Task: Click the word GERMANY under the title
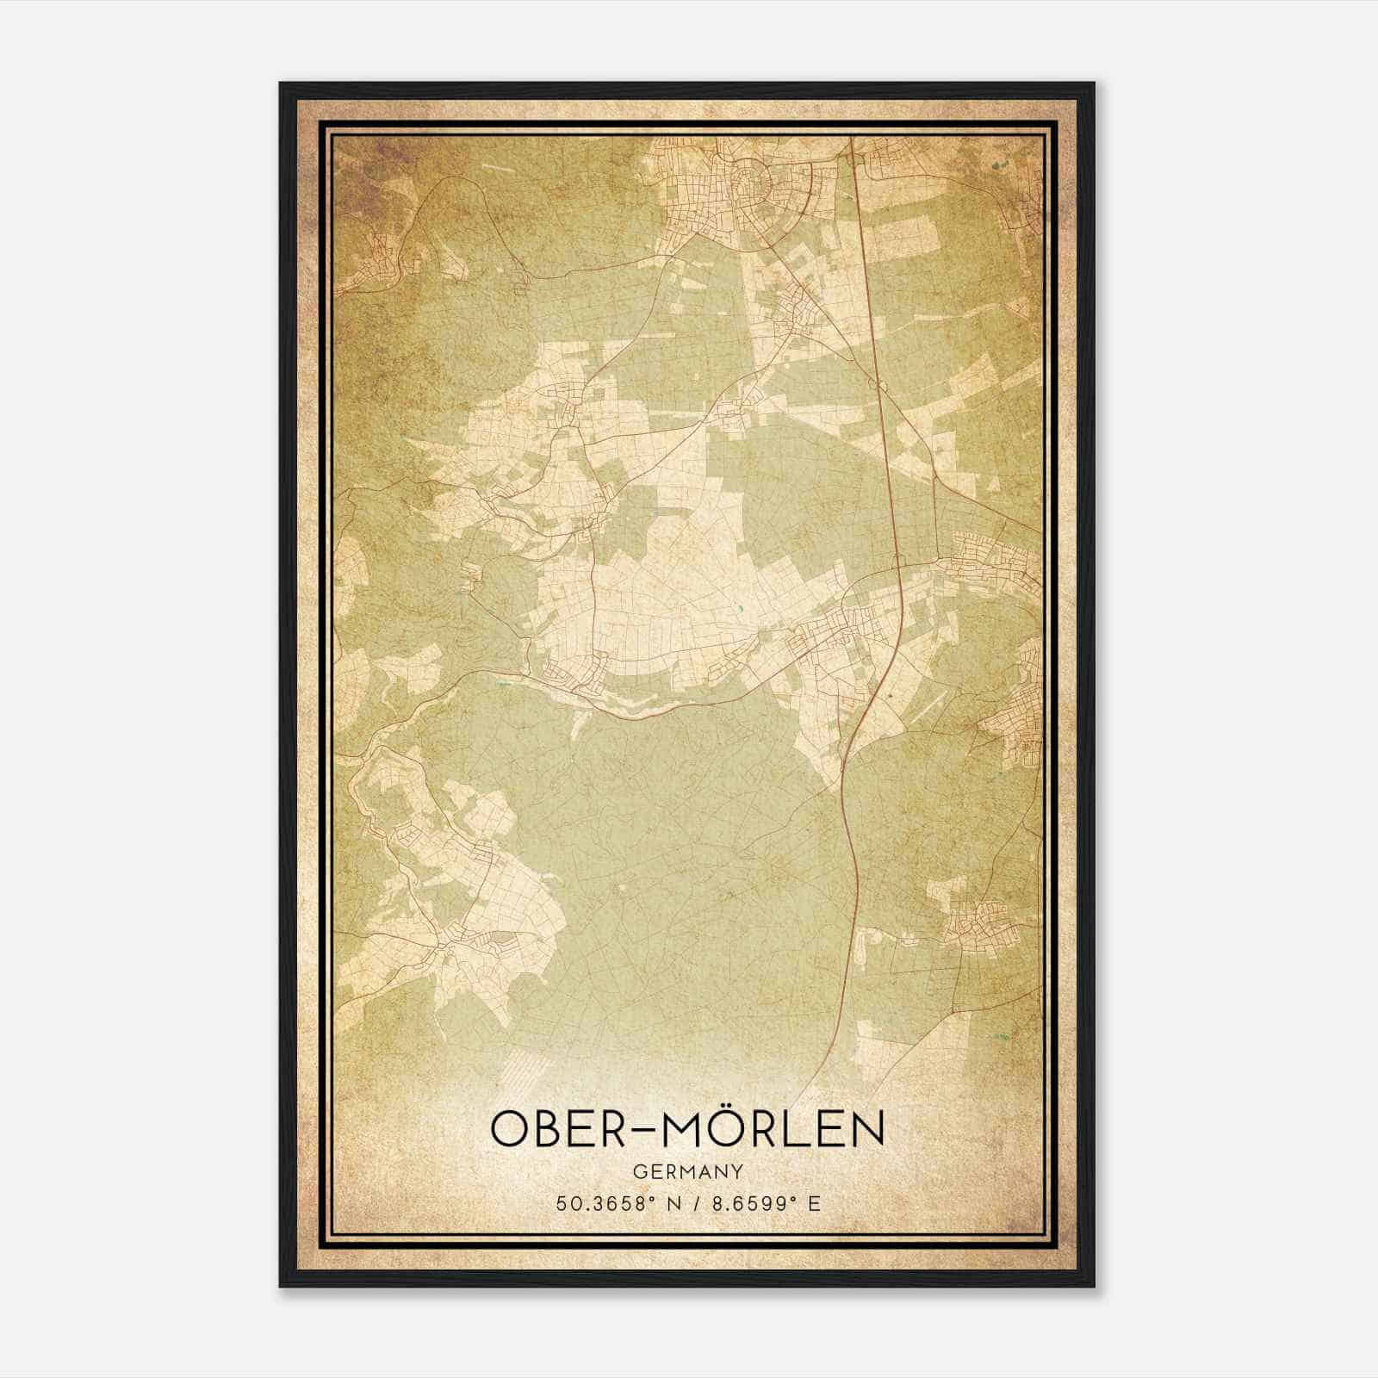[688, 1172]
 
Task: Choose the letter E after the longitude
[814, 1203]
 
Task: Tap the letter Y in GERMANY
[738, 1172]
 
